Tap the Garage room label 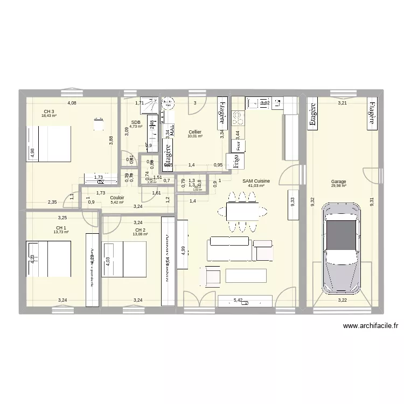[339, 182]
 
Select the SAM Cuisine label [256, 182]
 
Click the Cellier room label [195, 132]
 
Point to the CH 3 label [49, 112]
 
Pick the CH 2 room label [140, 230]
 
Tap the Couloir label [117, 198]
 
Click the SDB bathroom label [135, 122]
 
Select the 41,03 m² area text [256, 186]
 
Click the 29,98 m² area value [339, 186]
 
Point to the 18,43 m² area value [49, 116]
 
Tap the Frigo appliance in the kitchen [234, 160]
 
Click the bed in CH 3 [48, 144]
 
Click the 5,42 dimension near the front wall [238, 301]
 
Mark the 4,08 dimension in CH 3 [72, 103]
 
